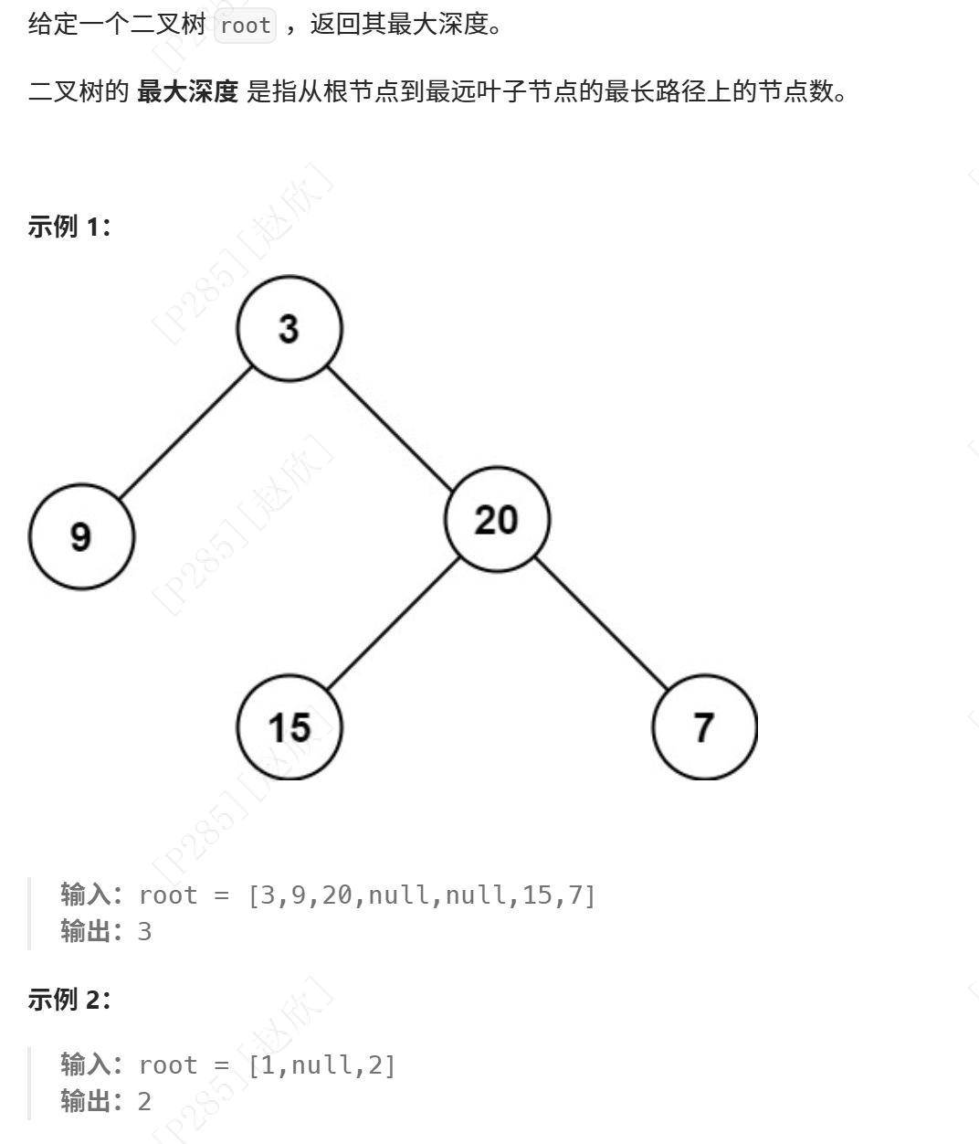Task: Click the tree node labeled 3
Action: pos(289,329)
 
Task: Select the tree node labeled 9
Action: pos(81,536)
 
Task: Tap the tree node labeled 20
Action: pos(497,519)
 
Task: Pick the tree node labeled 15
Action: pos(289,727)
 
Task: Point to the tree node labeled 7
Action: pos(704,727)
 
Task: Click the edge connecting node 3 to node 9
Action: pos(185,432)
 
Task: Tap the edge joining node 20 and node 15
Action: pos(393,623)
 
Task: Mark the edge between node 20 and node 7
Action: pos(601,623)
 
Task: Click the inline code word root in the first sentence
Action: pos(246,26)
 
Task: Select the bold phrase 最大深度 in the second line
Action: pos(187,91)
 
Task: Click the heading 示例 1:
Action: pos(68,227)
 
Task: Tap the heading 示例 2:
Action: pos(68,1000)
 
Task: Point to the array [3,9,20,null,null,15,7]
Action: pos(422,895)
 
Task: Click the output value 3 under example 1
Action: pos(144,932)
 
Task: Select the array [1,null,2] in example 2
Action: pos(321,1065)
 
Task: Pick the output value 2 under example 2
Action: pos(144,1102)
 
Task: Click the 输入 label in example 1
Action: pos(86,895)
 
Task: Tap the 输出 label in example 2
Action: pos(86,1102)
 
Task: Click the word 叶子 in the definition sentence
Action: pos(489,91)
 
